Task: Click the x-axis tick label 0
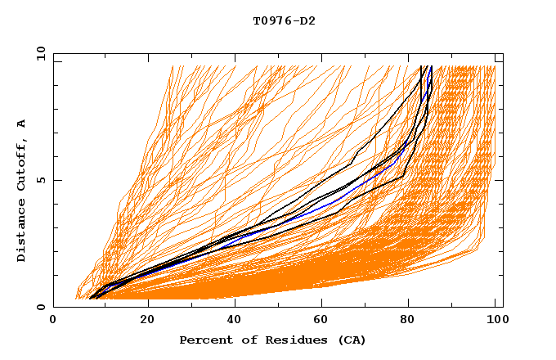pos(53,322)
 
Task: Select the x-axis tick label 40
pos(235,322)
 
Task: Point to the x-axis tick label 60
pos(324,322)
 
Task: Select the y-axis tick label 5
pos(41,180)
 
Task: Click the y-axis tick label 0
pos(41,307)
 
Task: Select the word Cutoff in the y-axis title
pos(22,164)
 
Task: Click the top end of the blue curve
pos(431,67)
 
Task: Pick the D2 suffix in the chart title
pos(308,20)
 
